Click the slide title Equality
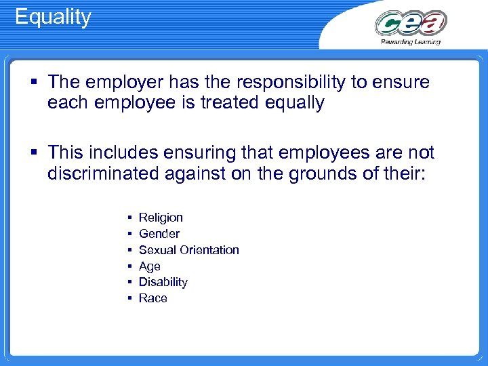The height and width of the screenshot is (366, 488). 53,17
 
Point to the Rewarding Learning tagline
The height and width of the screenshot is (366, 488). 410,42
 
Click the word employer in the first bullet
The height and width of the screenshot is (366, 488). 119,83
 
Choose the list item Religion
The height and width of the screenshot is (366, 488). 161,218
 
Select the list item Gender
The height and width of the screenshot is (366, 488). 159,234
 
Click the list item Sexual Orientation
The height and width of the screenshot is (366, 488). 188,250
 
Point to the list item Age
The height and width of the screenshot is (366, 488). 149,266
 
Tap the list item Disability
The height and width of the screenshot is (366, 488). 163,282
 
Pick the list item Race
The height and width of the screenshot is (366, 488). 152,298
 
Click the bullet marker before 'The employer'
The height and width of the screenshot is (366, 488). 33,83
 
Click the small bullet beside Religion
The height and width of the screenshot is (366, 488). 129,218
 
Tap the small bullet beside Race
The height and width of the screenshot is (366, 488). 129,298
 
